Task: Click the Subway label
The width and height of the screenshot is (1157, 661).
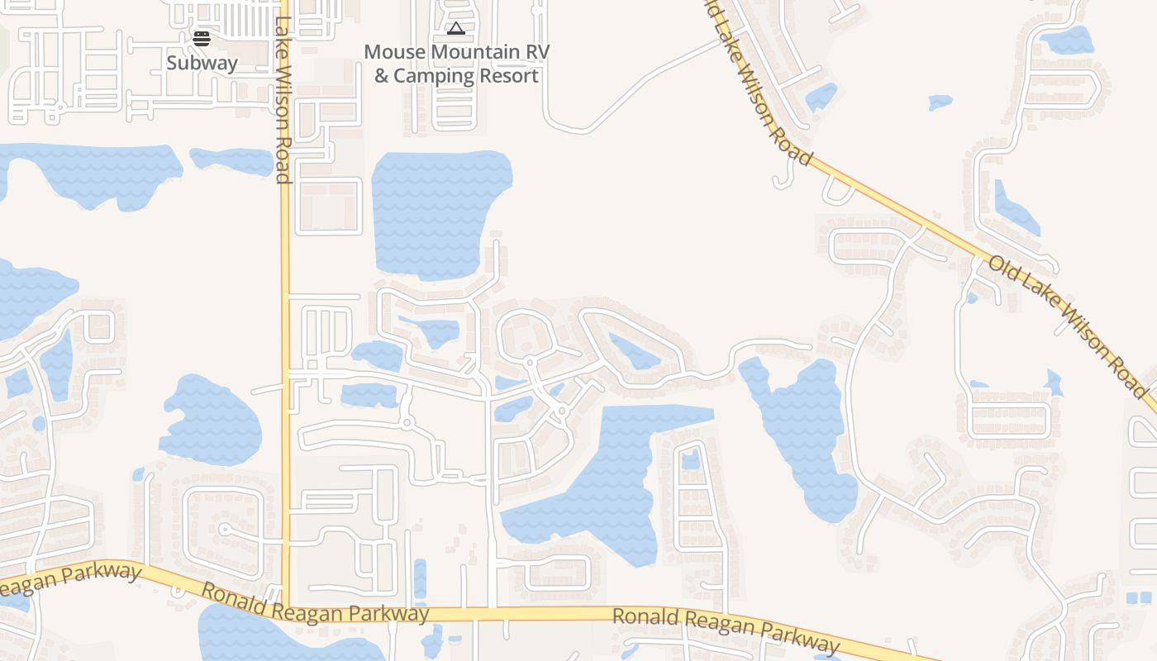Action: pyautogui.click(x=202, y=63)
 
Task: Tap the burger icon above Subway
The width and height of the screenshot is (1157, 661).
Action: pyautogui.click(x=202, y=38)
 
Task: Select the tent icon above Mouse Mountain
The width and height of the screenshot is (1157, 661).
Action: pyautogui.click(x=455, y=29)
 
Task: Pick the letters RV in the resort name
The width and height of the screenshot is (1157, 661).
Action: pyautogui.click(x=537, y=51)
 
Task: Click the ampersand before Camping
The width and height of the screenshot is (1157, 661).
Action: pyautogui.click(x=381, y=76)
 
